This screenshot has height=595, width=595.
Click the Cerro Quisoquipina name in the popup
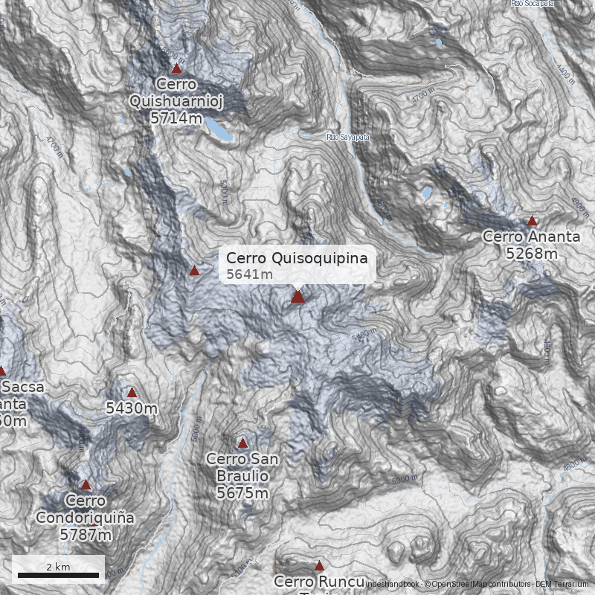point(297,258)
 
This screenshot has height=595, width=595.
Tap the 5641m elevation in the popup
point(250,274)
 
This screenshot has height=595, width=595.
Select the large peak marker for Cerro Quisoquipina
point(297,297)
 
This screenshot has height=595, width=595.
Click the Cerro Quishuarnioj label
point(176,92)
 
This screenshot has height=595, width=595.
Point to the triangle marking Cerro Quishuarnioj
point(176,68)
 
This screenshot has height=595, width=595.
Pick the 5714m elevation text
point(176,117)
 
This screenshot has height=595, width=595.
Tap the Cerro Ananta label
point(531,237)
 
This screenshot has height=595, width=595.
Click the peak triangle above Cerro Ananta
point(532,221)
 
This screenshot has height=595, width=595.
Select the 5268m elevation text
point(531,254)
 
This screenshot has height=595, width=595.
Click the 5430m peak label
point(132,408)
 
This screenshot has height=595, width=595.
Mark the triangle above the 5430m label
point(132,392)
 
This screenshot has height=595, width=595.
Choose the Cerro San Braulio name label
point(242,467)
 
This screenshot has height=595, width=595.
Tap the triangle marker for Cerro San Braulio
point(242,443)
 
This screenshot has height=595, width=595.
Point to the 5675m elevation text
point(242,492)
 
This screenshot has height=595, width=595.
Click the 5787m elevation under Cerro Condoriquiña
point(86,534)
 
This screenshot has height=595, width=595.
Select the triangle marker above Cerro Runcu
point(319,565)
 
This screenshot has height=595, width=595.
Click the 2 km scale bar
point(58,574)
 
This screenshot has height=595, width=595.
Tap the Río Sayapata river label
point(348,138)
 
